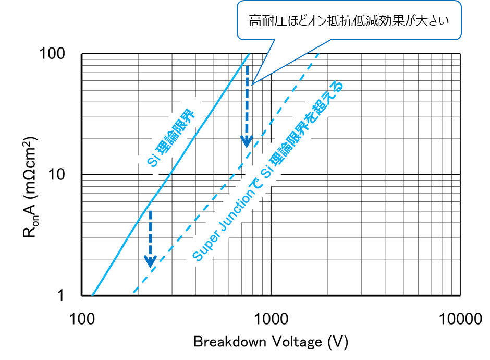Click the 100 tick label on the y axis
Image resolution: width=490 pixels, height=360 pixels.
(52, 54)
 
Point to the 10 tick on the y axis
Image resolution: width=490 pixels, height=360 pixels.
(57, 174)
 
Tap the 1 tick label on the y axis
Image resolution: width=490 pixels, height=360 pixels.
(60, 295)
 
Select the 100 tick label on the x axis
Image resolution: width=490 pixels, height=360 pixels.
(82, 319)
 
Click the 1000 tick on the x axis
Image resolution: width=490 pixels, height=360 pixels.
(271, 319)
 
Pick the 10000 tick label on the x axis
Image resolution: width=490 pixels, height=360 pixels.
(460, 319)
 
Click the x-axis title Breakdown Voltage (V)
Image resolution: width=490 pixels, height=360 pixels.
(271, 342)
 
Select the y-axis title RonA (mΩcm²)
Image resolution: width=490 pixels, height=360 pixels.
(30, 187)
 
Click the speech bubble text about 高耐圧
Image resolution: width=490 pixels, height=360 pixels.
(349, 21)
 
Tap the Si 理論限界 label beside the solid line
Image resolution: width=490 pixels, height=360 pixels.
(171, 138)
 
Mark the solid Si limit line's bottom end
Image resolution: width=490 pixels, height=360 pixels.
(92, 295)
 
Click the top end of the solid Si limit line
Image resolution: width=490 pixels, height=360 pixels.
(249, 54)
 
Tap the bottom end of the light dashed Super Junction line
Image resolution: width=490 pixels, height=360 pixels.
(133, 293)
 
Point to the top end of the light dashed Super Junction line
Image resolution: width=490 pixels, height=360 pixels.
(318, 54)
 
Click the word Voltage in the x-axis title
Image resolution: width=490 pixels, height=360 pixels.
(297, 342)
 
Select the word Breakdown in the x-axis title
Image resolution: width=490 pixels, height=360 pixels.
(230, 342)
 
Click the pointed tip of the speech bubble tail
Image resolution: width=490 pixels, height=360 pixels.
(252, 85)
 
